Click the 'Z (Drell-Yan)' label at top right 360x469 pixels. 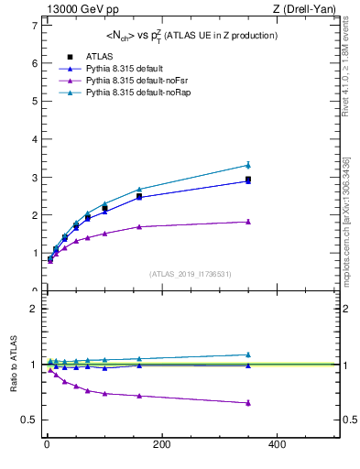[306, 8]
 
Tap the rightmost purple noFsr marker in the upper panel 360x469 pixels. [247, 222]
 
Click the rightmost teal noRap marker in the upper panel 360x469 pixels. [247, 165]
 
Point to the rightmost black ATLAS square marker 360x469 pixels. [247, 180]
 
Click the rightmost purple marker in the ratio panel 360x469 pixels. [247, 402]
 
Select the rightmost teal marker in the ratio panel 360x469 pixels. [247, 354]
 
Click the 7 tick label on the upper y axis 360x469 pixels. [34, 26]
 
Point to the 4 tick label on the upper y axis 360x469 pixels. [34, 139]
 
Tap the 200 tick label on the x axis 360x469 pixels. [161, 445]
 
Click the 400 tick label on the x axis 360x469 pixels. [276, 445]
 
